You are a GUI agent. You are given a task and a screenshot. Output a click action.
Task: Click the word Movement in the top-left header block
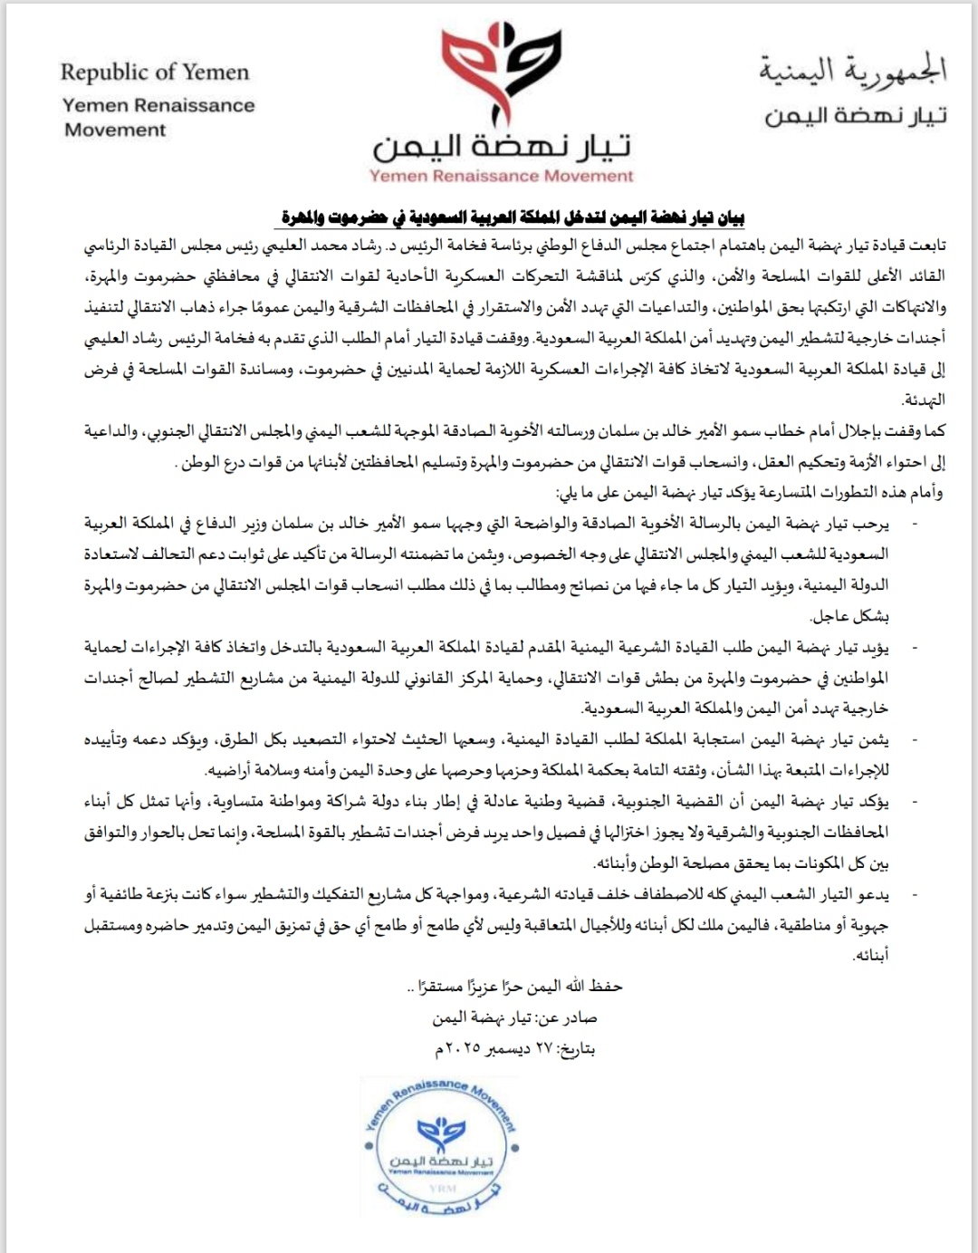(x=115, y=130)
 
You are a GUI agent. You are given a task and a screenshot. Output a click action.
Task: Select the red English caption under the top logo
(x=501, y=176)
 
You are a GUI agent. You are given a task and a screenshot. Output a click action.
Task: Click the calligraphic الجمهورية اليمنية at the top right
(x=853, y=69)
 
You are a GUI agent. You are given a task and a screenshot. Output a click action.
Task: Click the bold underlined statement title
(x=513, y=217)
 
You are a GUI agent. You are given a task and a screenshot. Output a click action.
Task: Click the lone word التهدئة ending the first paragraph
(x=924, y=400)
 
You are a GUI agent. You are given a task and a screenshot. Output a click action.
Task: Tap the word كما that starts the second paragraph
(x=935, y=432)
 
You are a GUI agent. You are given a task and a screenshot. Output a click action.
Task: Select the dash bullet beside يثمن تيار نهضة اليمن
(x=912, y=740)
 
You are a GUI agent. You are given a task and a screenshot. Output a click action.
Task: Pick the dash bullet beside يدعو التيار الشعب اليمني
(x=912, y=894)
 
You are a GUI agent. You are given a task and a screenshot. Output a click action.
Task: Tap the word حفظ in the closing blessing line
(x=606, y=987)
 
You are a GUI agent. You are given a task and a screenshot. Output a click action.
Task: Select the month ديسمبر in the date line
(x=504, y=1049)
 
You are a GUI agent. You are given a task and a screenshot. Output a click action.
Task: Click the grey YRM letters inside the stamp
(x=444, y=1188)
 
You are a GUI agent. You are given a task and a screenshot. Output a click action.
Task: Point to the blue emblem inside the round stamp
(x=440, y=1133)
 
